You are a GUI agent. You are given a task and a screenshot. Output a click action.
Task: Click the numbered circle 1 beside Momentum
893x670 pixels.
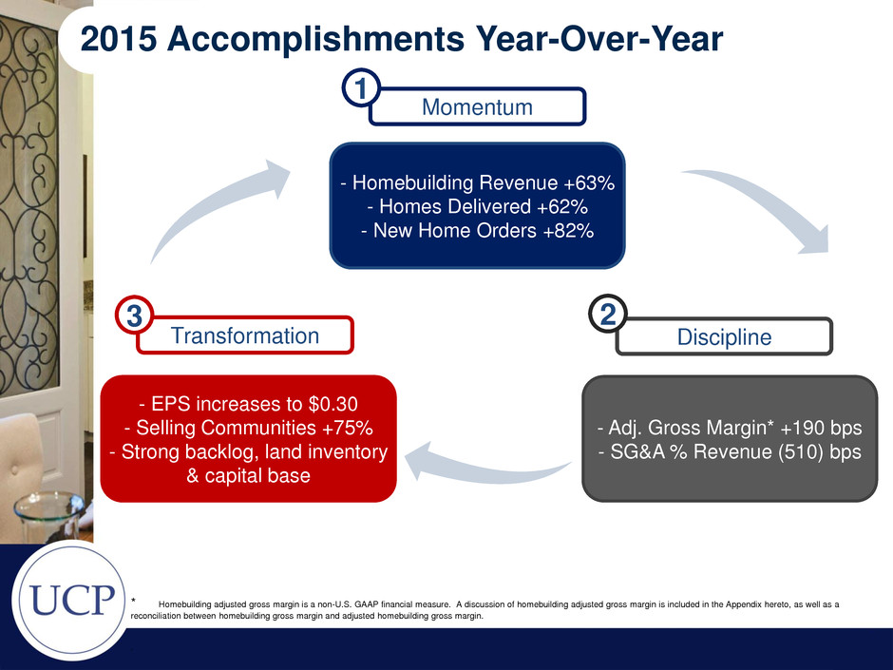(361, 88)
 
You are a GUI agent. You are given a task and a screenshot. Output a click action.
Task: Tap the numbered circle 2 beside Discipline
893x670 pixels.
(608, 314)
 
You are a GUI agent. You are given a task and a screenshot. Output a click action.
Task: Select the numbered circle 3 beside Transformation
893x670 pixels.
(134, 316)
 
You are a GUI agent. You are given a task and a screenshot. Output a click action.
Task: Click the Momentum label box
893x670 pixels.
(477, 106)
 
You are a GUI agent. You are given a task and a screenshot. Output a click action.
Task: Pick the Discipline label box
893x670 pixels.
(724, 336)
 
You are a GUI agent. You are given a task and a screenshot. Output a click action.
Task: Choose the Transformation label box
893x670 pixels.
(245, 335)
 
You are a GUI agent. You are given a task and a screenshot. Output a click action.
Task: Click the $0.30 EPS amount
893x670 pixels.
(333, 404)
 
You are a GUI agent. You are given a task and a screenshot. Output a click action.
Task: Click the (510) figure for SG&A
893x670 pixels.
(797, 451)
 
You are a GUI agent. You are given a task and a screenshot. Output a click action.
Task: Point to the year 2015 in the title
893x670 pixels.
(119, 39)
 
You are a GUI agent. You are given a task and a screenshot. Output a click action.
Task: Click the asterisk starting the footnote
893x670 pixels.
(133, 600)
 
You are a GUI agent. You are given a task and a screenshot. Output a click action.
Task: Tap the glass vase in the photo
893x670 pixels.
(49, 515)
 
